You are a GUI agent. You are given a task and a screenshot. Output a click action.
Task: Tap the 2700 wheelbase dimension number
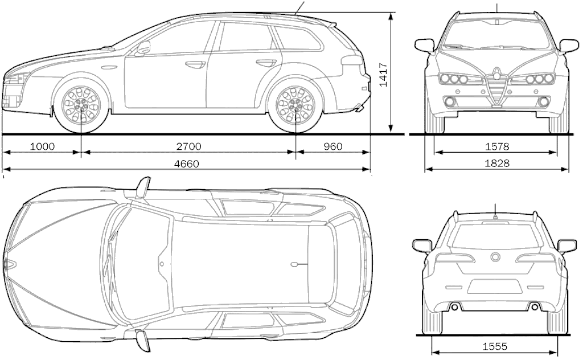pyautogui.click(x=188, y=146)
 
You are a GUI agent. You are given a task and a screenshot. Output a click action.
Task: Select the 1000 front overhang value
pyautogui.click(x=42, y=146)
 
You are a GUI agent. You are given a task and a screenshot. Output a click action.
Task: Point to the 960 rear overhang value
pyautogui.click(x=332, y=146)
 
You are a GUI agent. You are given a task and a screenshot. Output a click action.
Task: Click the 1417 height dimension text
pyautogui.click(x=383, y=76)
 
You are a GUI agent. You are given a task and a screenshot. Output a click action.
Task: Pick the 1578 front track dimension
pyautogui.click(x=497, y=146)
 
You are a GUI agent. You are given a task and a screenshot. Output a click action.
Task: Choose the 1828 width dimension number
pyautogui.click(x=497, y=163)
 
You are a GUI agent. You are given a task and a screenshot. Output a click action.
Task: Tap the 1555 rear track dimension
pyautogui.click(x=495, y=347)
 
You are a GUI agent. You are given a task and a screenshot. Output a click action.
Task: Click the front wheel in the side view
pyautogui.click(x=81, y=105)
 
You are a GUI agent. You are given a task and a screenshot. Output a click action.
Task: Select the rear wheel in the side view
pyautogui.click(x=296, y=105)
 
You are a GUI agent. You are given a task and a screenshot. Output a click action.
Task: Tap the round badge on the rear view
pyautogui.click(x=496, y=257)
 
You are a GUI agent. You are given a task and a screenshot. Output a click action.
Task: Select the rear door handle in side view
pyautogui.click(x=266, y=63)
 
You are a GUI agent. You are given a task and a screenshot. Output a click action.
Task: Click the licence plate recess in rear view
pyautogui.click(x=495, y=287)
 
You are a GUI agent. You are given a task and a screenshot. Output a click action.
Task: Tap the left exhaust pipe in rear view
pyautogui.click(x=455, y=307)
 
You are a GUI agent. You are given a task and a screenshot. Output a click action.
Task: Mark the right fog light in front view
pyautogui.click(x=544, y=101)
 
